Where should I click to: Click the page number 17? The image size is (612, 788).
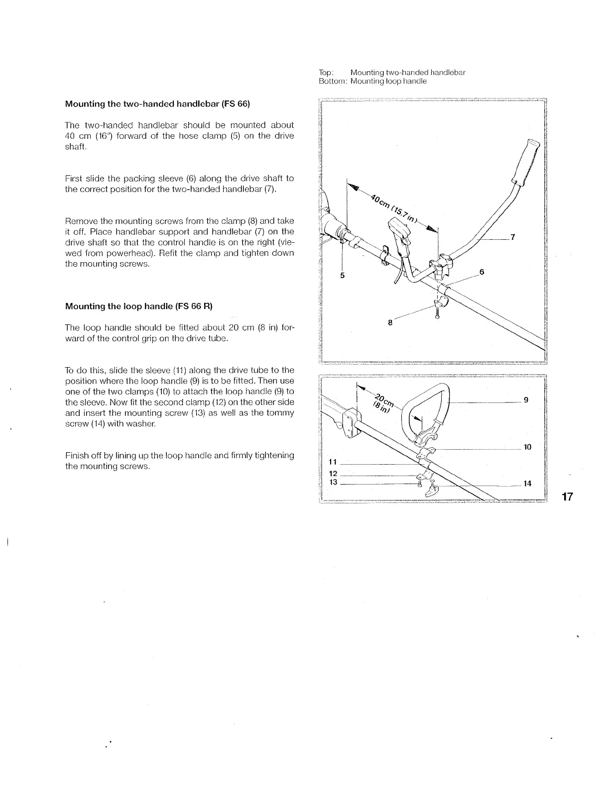click(568, 496)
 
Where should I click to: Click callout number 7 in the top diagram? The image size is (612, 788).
click(512, 237)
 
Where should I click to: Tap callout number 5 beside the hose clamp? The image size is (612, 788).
click(342, 275)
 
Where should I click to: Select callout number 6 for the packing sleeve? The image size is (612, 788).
click(482, 272)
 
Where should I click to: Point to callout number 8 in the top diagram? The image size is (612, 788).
click(390, 322)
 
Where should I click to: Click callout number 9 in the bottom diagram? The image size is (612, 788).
click(526, 399)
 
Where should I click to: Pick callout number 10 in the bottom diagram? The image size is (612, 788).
click(527, 447)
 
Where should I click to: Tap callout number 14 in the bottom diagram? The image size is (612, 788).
click(527, 483)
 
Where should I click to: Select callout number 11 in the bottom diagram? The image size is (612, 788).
click(334, 462)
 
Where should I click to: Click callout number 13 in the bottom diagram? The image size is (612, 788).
click(334, 482)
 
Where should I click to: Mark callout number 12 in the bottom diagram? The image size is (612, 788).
click(334, 473)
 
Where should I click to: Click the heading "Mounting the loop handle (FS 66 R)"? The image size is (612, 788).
click(139, 306)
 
